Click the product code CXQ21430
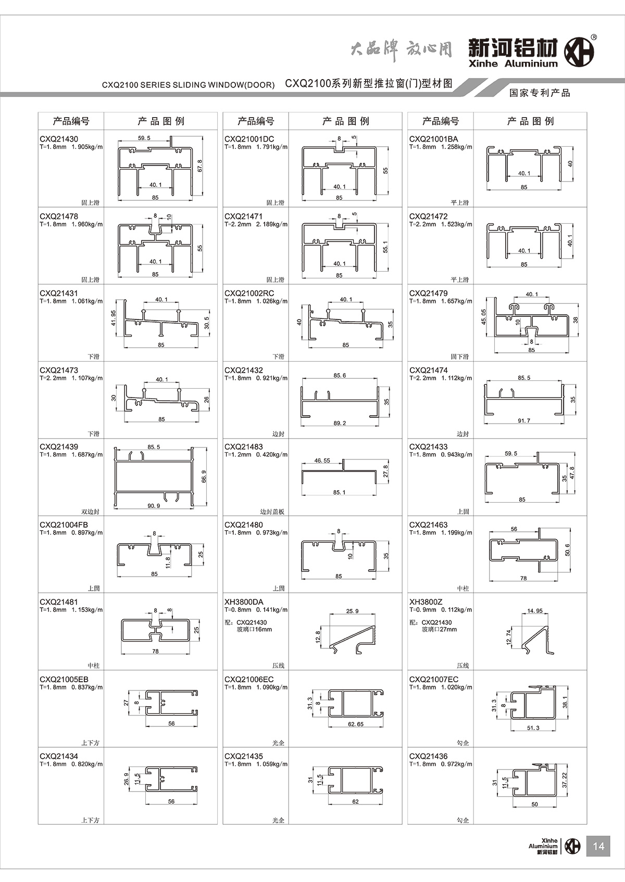pos(59,139)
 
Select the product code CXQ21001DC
pos(249,139)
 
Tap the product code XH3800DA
pos(244,602)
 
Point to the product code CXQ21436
pos(428,756)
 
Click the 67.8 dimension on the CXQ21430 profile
pos(200,166)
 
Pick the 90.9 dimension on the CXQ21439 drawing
pos(154,506)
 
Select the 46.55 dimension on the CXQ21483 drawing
pos(322,461)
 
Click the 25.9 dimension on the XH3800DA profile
pos(353,611)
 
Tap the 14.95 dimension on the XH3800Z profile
pos(535,611)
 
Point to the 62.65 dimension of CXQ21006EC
pos(356,724)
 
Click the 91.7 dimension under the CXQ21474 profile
pos(524,420)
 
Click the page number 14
pos(598,846)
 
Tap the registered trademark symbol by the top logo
pos(594,37)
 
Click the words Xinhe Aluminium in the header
pos(512,64)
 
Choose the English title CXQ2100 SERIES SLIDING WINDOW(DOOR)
pos(188,85)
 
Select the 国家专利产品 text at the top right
pos(540,93)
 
